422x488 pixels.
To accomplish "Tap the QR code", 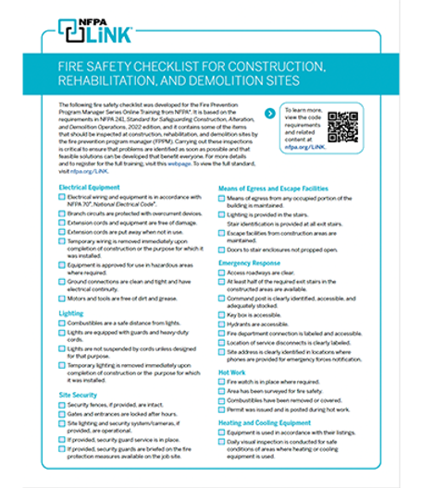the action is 342,126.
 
